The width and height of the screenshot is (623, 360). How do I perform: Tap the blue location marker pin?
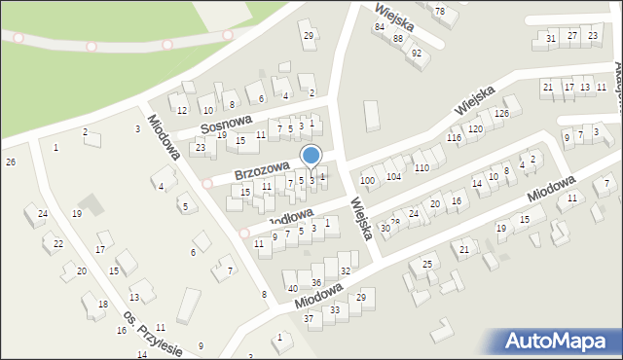[x=311, y=157]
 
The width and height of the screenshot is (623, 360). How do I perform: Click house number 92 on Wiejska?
[x=416, y=53]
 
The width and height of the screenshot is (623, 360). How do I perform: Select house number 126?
[x=500, y=114]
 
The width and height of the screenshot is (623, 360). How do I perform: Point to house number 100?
[x=367, y=181]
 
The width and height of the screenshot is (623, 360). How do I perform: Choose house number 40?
[x=292, y=288]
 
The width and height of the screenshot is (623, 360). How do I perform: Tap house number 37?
[x=309, y=318]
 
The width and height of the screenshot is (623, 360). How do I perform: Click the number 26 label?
[x=10, y=162]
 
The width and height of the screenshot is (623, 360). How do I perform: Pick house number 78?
[x=439, y=11]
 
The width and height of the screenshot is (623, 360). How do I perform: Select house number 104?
[x=393, y=177]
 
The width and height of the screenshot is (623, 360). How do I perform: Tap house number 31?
[x=551, y=38]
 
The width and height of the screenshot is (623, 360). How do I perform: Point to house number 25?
[x=426, y=264]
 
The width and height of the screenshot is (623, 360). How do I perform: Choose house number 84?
[x=379, y=26]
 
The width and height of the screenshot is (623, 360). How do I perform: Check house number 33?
[x=334, y=309]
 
